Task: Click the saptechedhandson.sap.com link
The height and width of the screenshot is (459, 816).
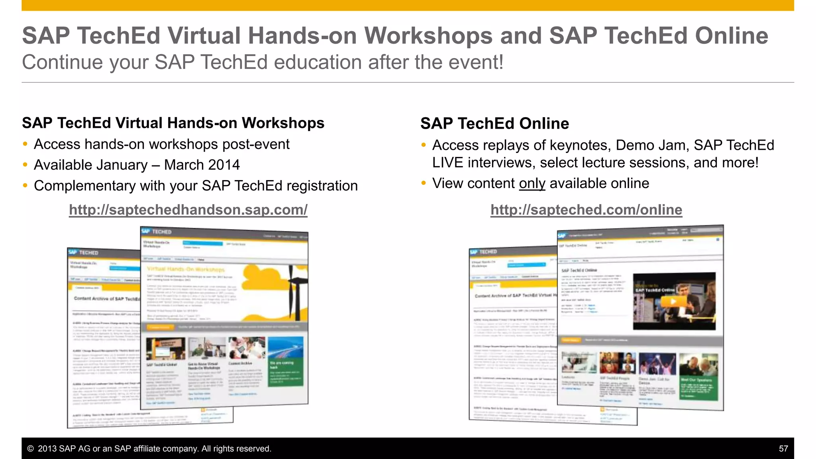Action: click(x=188, y=210)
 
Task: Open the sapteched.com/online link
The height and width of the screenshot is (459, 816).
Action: click(x=586, y=210)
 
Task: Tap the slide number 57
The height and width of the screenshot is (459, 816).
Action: click(x=783, y=449)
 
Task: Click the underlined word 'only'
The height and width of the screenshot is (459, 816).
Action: click(x=532, y=183)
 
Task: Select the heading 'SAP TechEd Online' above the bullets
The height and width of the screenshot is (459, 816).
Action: click(x=494, y=124)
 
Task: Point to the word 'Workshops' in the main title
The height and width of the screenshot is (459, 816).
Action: click(x=428, y=35)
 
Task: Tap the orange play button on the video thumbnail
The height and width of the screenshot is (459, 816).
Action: click(x=673, y=301)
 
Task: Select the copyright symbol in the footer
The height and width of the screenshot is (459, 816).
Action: click(x=30, y=449)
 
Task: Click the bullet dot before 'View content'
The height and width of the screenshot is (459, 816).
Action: click(x=424, y=183)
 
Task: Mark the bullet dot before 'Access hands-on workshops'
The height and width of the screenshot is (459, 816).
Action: click(x=25, y=144)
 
